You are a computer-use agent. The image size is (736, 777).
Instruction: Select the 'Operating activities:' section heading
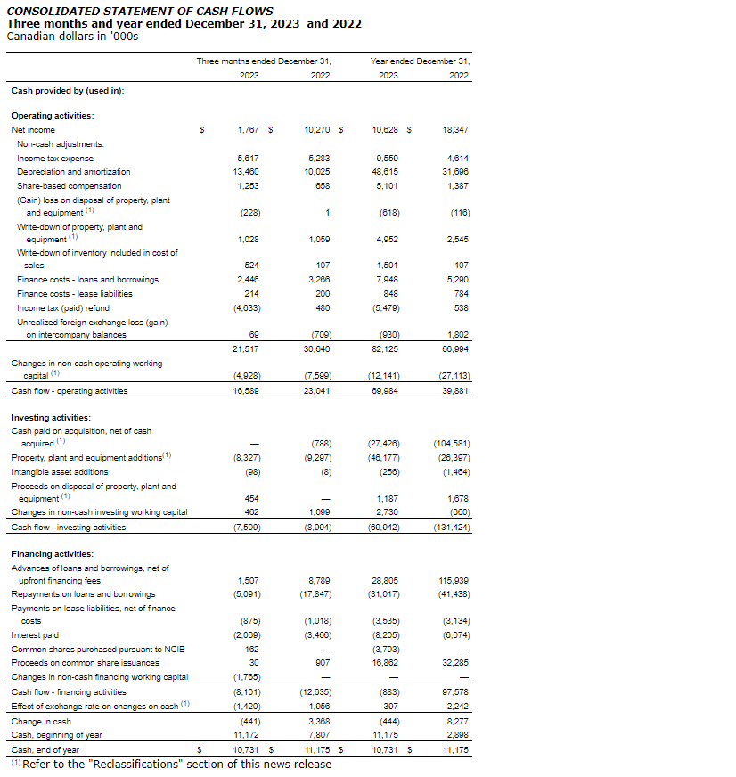tap(53, 115)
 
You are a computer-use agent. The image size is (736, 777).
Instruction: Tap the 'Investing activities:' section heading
tap(51, 417)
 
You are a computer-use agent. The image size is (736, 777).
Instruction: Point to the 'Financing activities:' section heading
tap(53, 554)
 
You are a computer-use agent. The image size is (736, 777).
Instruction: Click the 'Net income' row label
tap(33, 130)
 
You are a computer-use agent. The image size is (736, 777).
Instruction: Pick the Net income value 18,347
tap(454, 130)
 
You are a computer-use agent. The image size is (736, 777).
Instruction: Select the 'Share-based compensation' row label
tap(69, 185)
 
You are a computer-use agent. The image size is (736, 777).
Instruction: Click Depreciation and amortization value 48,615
tap(384, 171)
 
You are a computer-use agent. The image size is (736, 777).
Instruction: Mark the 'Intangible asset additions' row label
tap(59, 472)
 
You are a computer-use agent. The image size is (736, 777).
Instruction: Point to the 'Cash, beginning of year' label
tap(55, 735)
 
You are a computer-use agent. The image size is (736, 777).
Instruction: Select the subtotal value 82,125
tap(384, 349)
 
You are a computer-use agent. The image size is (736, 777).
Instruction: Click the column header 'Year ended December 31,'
tap(420, 61)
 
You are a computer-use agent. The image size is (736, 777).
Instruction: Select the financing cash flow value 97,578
tap(454, 691)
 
